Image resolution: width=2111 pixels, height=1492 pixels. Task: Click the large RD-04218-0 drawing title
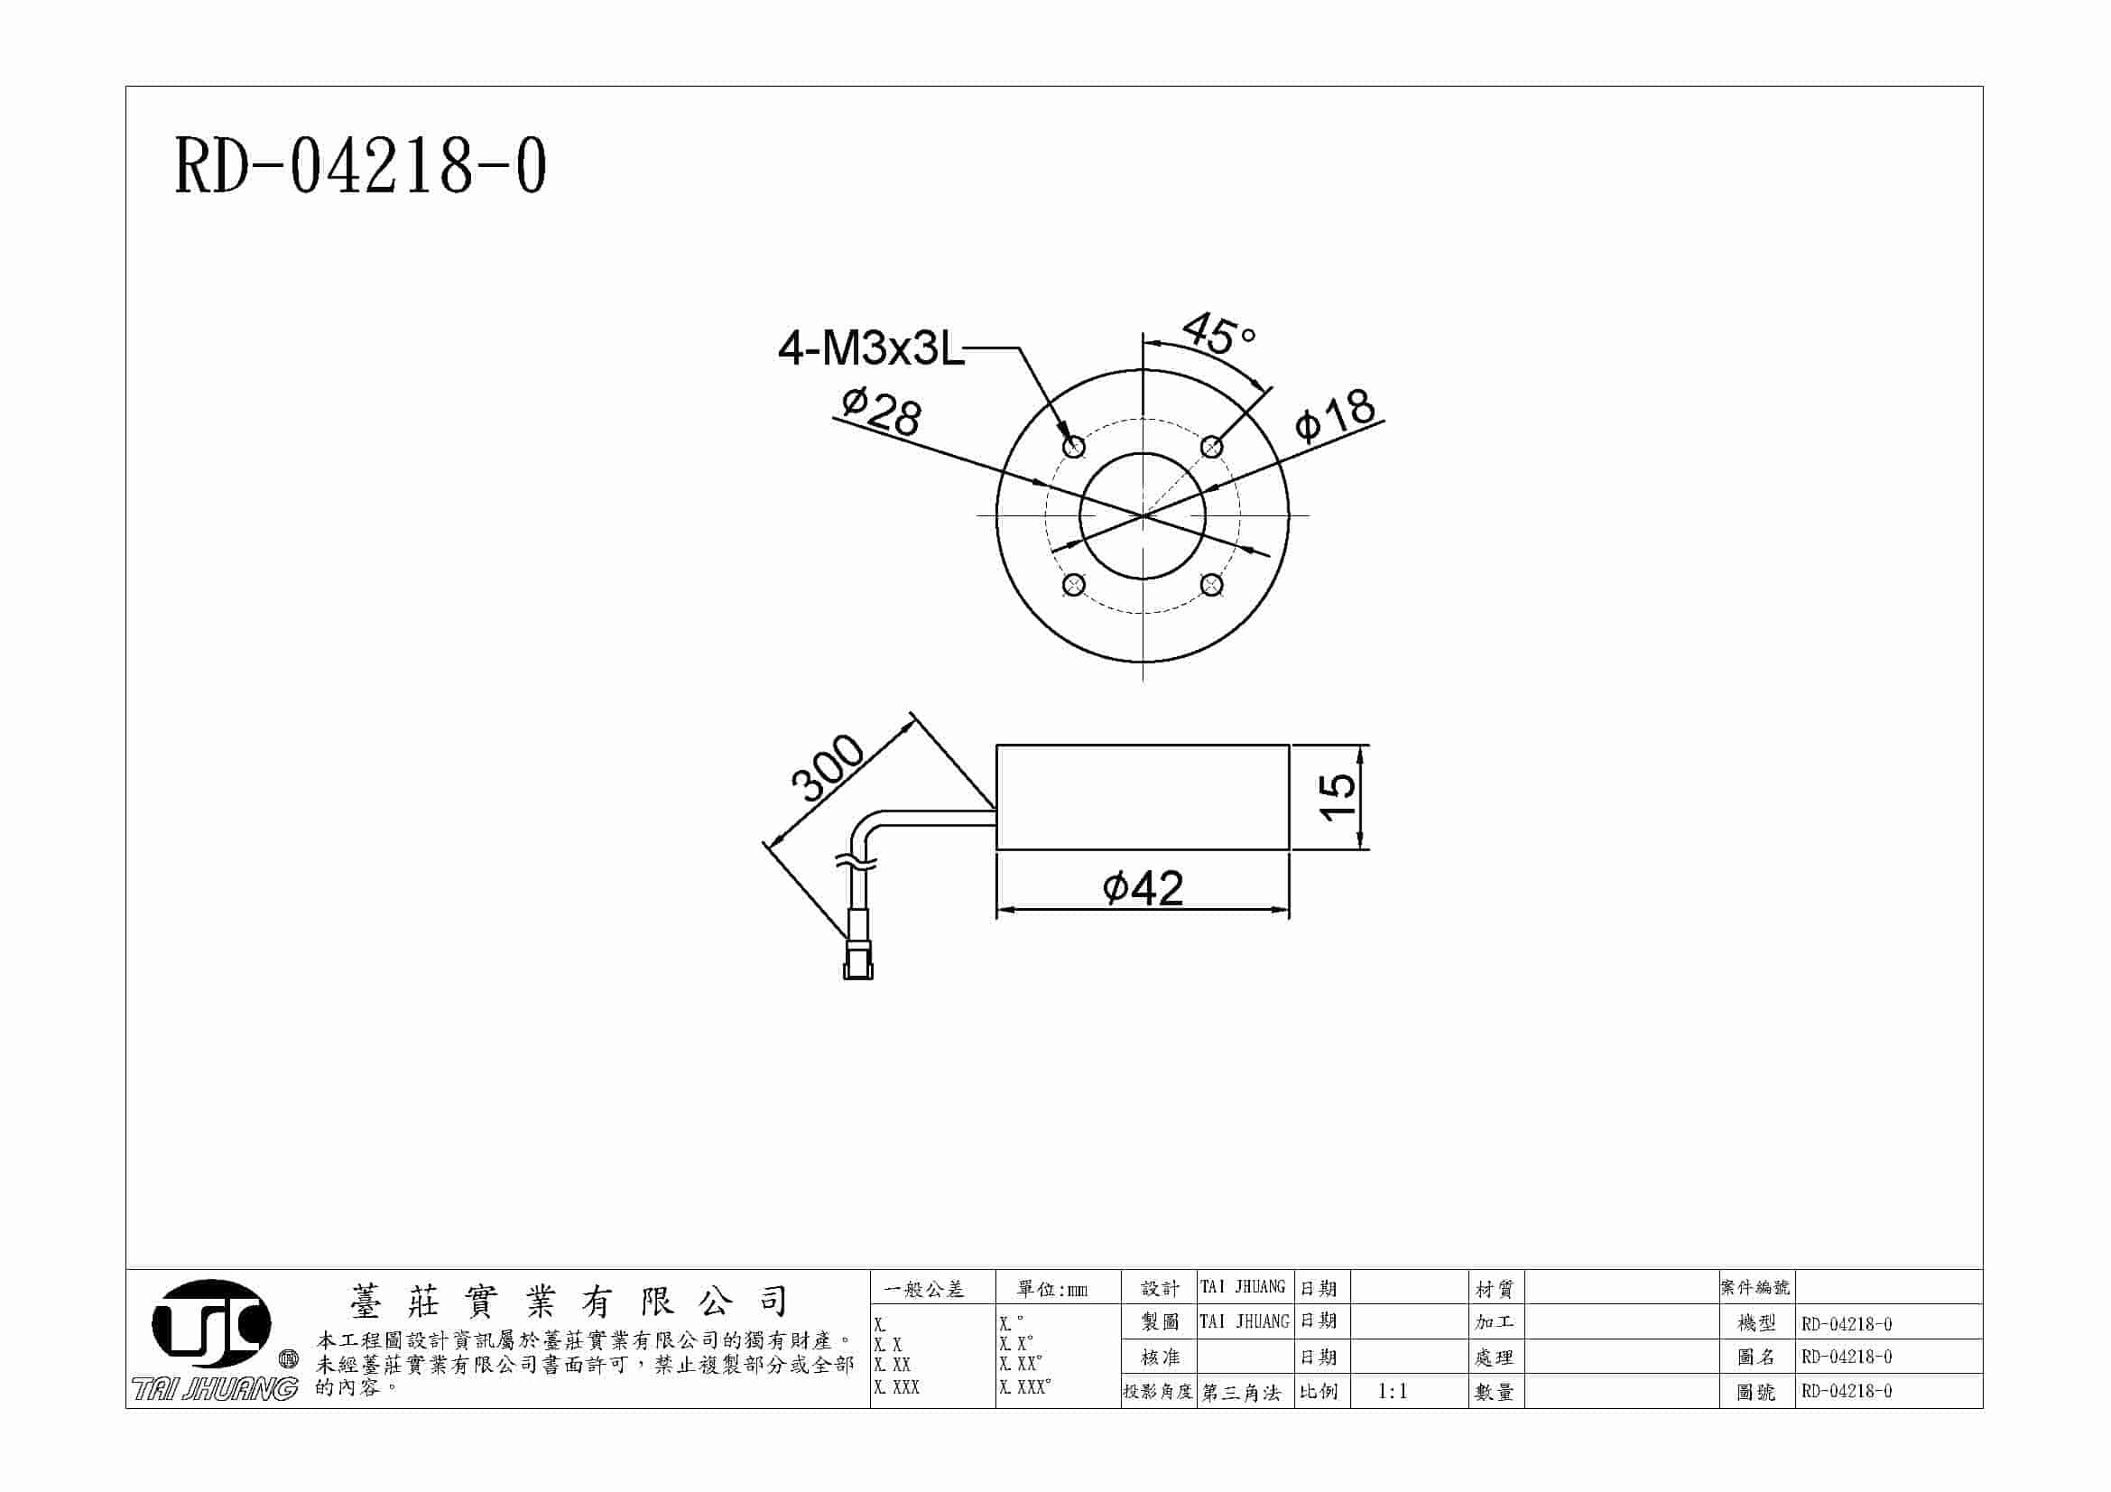(360, 166)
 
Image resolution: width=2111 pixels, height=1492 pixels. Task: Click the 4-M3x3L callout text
(871, 348)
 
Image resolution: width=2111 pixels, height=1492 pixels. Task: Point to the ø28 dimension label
(881, 411)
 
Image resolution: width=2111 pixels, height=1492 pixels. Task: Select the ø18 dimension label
(1335, 414)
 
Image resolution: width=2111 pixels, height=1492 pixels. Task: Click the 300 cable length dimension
(828, 767)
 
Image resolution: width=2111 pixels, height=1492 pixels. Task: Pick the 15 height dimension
(1337, 796)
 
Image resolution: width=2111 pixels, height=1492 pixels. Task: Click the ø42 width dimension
(1143, 888)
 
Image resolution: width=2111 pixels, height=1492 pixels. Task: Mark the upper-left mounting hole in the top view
(1074, 447)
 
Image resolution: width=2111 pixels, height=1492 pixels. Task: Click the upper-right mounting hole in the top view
(1212, 447)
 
